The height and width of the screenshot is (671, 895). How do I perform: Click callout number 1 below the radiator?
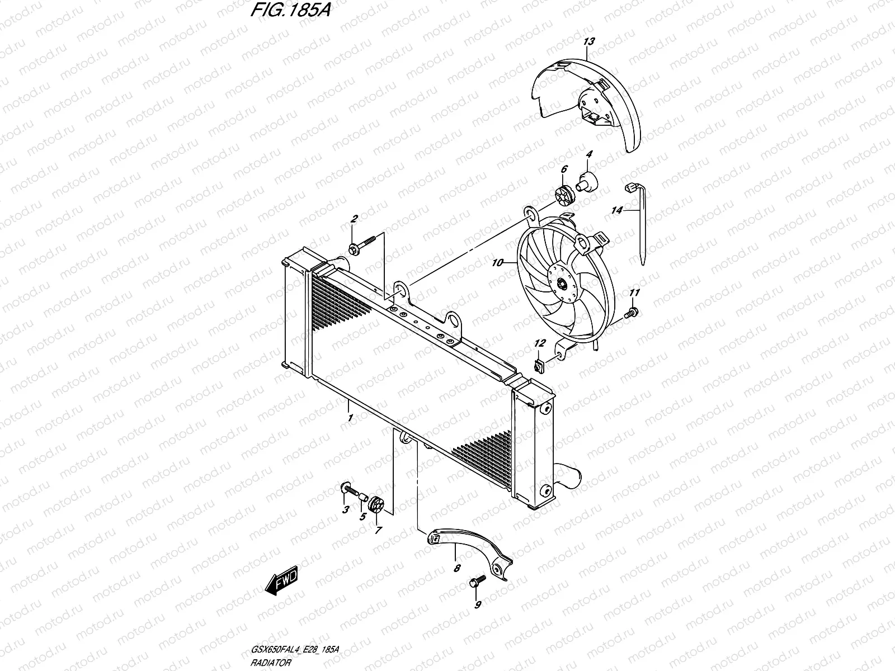pos(350,418)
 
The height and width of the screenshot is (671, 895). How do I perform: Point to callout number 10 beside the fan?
pos(497,262)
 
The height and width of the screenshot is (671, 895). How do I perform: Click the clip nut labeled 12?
pos(539,367)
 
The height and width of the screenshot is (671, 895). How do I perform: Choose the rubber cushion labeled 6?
pos(563,193)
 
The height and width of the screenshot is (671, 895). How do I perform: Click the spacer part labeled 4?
pos(588,181)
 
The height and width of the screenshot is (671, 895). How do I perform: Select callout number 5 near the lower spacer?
pos(362,517)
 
